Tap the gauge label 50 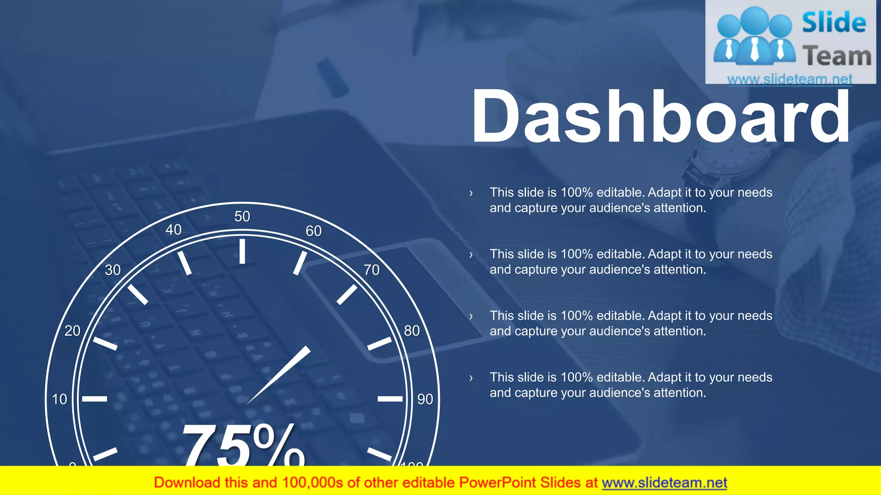tap(242, 216)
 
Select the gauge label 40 tap(173, 230)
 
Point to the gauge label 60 tap(314, 231)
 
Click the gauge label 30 tap(113, 270)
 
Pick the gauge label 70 tap(372, 270)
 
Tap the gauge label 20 tap(72, 331)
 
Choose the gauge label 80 tap(412, 331)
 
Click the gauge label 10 tap(59, 399)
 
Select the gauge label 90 tap(425, 399)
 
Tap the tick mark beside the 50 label tap(242, 251)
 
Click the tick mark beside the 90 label tap(390, 399)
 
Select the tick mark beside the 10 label tap(95, 399)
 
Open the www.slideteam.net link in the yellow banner tap(664, 483)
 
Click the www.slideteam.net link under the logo tap(790, 79)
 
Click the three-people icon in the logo tap(754, 37)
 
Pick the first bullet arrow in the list tap(471, 193)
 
